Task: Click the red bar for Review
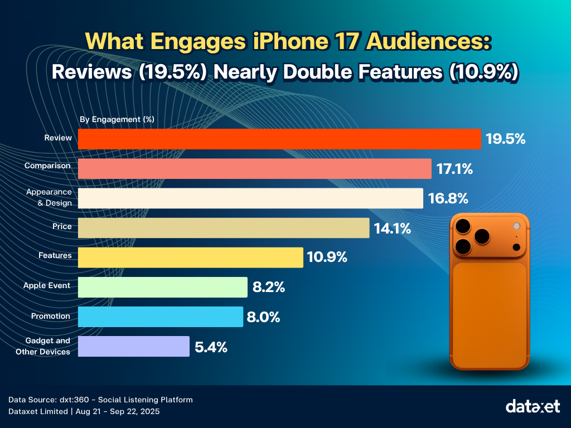click(x=279, y=139)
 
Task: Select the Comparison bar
click(x=254, y=169)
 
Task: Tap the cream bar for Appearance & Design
click(x=250, y=198)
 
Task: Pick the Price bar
click(x=224, y=228)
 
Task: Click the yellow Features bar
click(x=190, y=257)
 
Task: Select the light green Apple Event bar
click(x=162, y=287)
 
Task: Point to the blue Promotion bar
click(x=160, y=317)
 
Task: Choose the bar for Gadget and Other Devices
click(x=133, y=346)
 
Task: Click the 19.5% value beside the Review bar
click(x=505, y=139)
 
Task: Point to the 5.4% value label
click(x=211, y=347)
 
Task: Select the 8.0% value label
click(x=263, y=317)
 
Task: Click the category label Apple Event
click(x=47, y=285)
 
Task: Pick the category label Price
click(x=62, y=226)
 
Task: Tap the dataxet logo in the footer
click(x=533, y=406)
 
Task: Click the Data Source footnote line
click(x=101, y=400)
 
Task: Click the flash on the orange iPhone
click(x=516, y=226)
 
